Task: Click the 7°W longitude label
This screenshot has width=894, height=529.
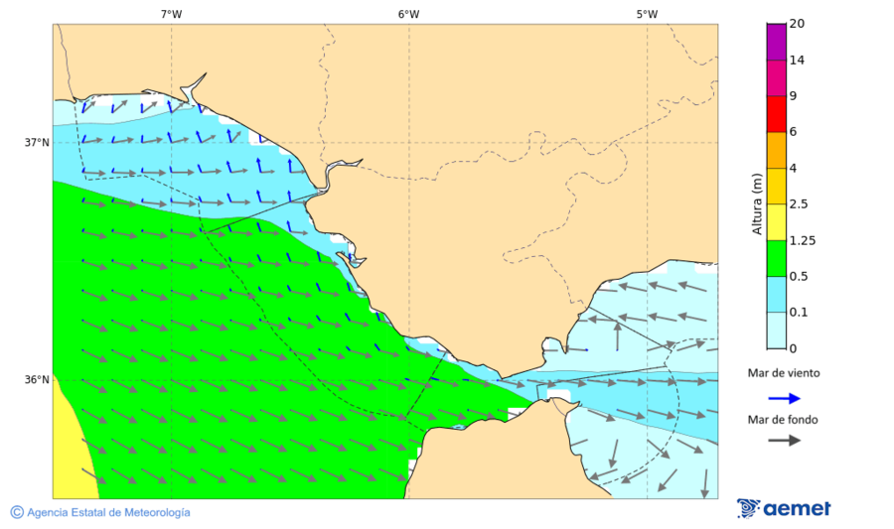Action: coord(171,14)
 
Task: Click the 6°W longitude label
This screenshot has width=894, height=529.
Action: coord(408,14)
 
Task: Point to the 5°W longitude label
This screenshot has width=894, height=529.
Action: coord(647,14)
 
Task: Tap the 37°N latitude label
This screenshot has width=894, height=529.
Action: coord(37,142)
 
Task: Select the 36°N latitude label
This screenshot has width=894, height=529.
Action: coord(37,379)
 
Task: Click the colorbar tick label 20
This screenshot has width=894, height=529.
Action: coord(797,24)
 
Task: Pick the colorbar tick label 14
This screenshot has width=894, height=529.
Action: coord(797,60)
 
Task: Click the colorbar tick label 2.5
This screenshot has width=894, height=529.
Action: coord(799,204)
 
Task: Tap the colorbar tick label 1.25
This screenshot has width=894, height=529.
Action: coord(802,240)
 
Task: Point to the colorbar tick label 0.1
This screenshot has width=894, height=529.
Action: coord(799,313)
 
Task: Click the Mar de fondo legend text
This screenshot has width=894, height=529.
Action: coord(784,420)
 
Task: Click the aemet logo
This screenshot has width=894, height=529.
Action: coord(784,508)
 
